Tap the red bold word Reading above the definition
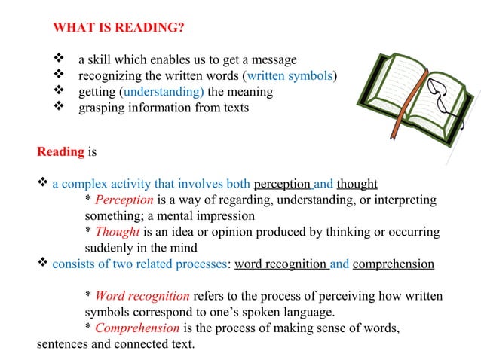coord(60,151)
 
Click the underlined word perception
coord(283,184)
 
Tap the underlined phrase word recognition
coord(280,264)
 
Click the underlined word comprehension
coord(393,264)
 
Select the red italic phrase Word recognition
coord(142,296)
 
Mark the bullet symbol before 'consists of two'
coord(43,264)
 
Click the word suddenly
coord(108,248)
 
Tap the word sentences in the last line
coord(62,344)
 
